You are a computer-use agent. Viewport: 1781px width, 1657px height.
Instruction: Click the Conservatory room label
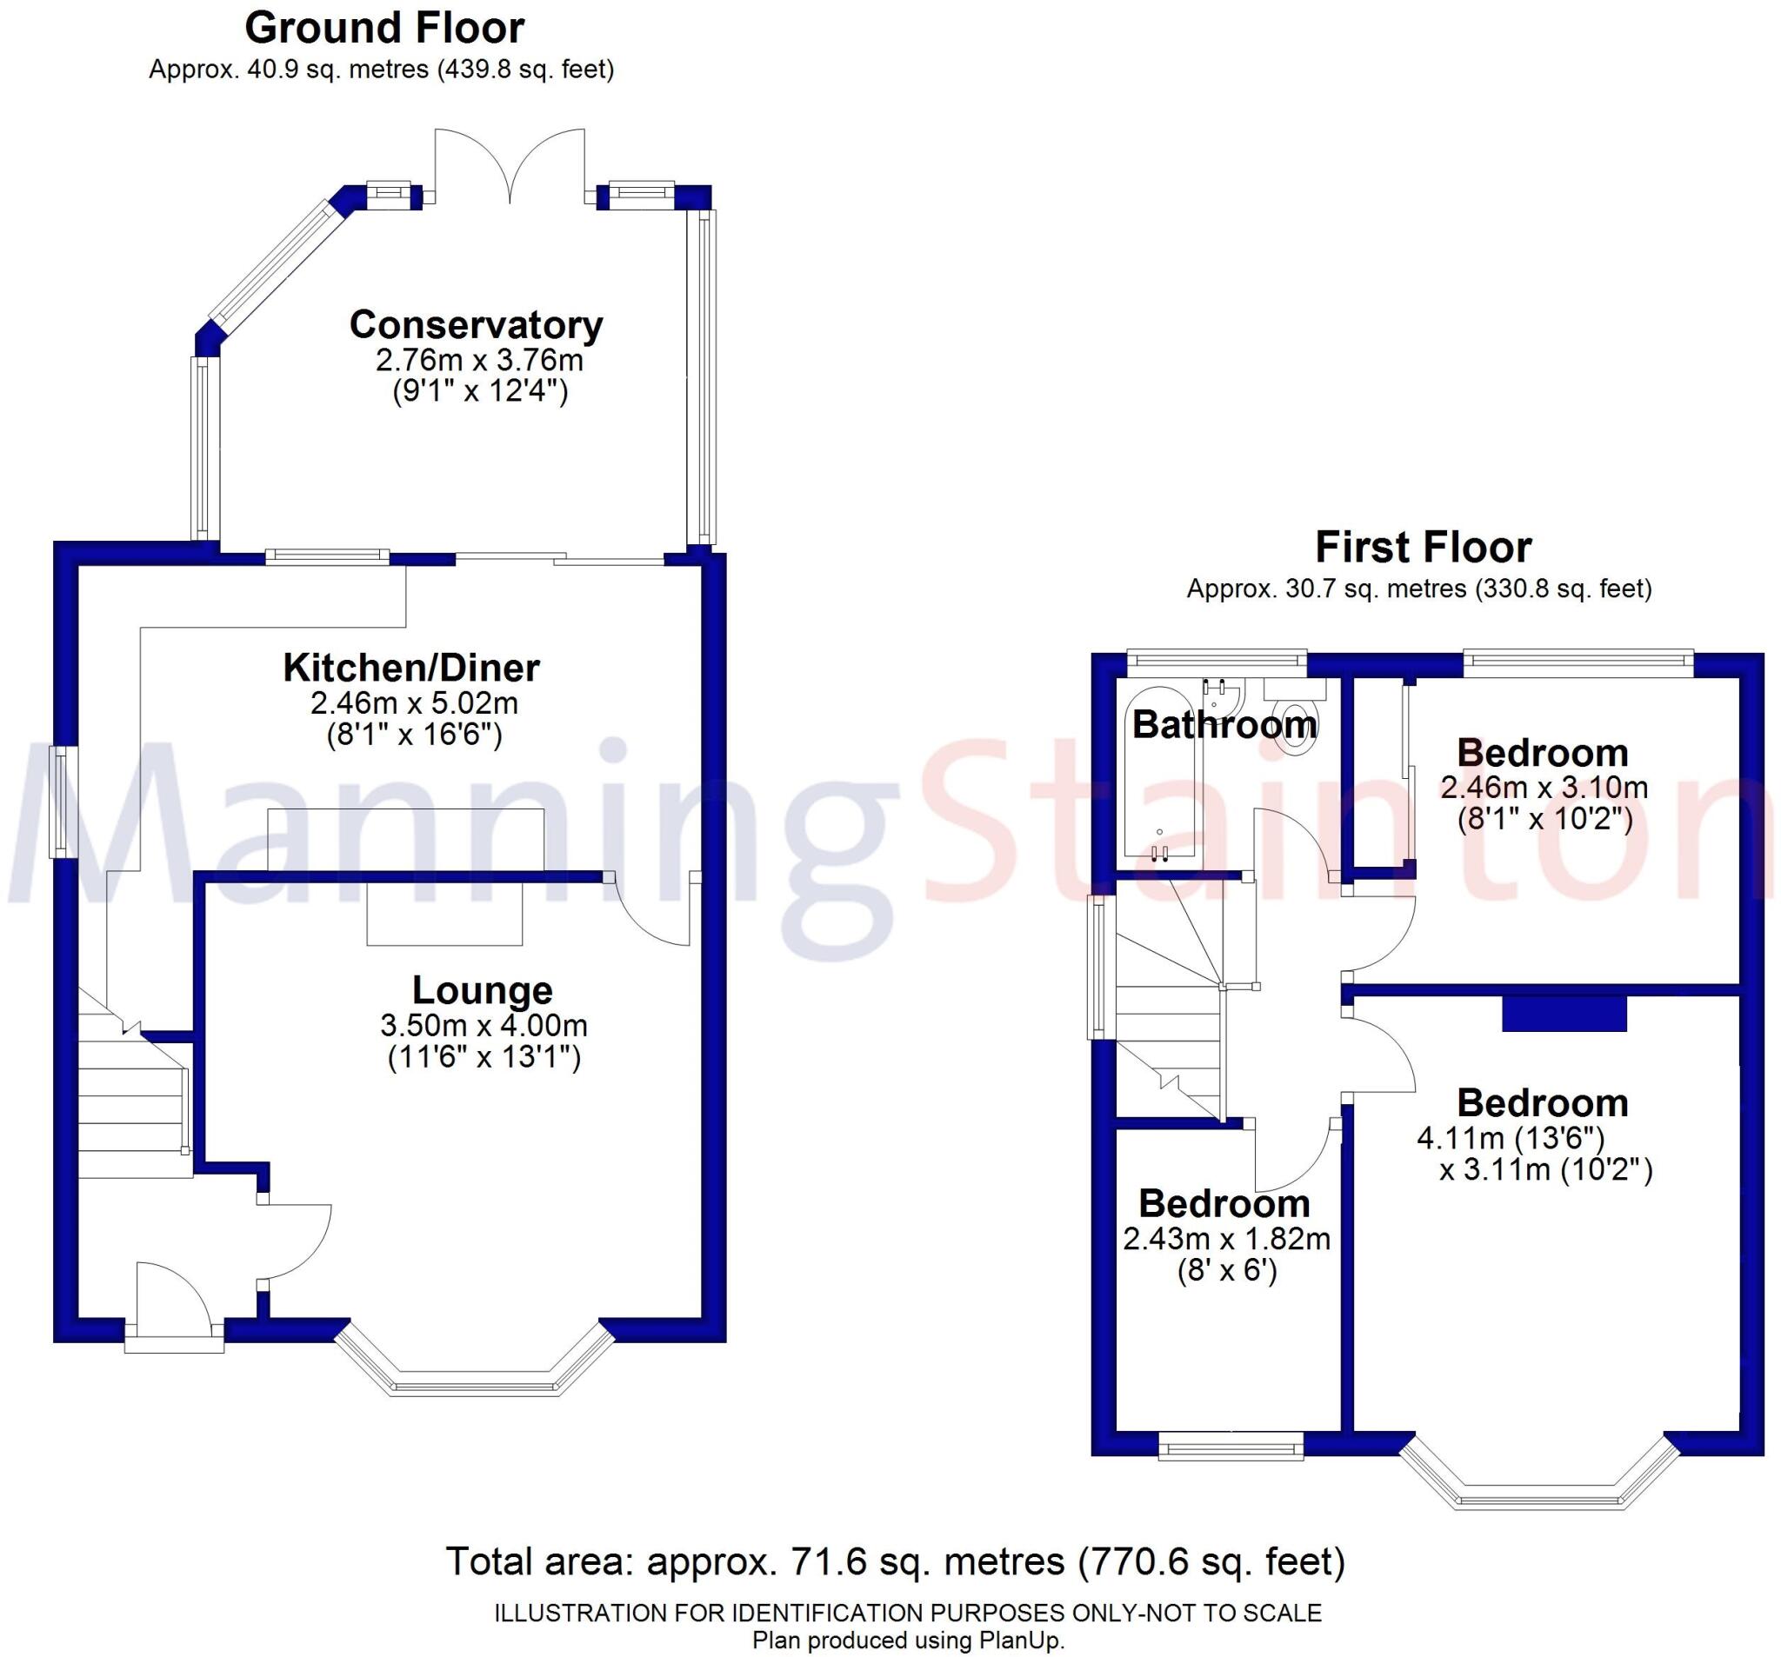pos(476,324)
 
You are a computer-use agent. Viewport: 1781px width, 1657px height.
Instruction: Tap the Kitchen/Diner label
pos(411,668)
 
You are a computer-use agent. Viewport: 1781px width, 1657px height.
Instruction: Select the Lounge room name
pos(482,989)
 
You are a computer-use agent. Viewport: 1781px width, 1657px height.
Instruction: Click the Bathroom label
pos(1224,723)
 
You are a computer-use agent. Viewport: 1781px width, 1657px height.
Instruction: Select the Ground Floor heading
pos(384,28)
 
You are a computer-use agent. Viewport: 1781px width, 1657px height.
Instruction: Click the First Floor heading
pos(1423,546)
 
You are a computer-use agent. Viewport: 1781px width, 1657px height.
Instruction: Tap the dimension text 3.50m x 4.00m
pos(484,1025)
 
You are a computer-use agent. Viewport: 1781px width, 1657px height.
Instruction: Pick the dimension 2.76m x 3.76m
pos(479,360)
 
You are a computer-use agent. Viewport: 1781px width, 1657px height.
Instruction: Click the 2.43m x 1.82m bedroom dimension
pos(1226,1239)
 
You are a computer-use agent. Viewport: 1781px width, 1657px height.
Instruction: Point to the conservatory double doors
pos(510,166)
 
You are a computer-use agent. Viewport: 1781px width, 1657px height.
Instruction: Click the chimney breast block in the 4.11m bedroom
pos(1564,1014)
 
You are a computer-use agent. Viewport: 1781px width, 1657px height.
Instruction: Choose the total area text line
pos(895,1561)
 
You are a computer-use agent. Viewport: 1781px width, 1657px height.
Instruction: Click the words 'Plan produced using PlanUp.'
pos(908,1640)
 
